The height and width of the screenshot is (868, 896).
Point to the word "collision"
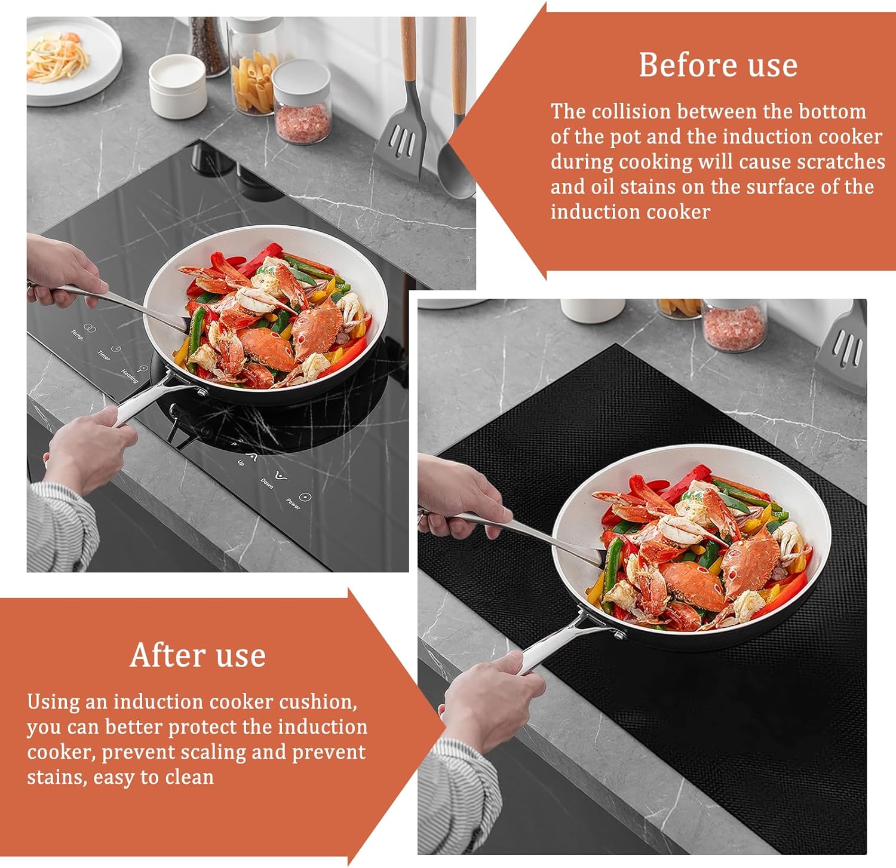(x=633, y=111)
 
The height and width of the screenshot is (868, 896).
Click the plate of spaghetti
(x=69, y=60)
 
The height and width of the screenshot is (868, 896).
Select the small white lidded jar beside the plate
(x=177, y=87)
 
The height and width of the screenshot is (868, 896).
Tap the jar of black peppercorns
(x=208, y=45)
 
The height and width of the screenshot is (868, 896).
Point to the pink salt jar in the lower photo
(x=733, y=324)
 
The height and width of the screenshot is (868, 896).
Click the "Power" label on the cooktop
(x=293, y=503)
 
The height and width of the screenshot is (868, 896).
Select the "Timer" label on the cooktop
(x=104, y=355)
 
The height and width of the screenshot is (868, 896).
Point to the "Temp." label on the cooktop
(x=77, y=335)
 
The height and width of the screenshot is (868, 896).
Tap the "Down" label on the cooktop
(x=267, y=483)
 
